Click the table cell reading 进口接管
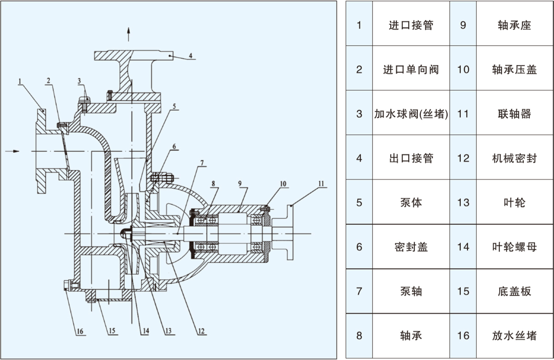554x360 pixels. pos(411,25)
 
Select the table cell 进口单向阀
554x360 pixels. pos(411,70)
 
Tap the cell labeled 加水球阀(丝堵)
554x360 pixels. pos(411,114)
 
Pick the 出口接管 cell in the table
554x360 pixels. pos(411,158)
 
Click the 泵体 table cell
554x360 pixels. pos(411,203)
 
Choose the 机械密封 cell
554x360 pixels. pos(514,158)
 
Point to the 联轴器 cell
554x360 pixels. pos(514,114)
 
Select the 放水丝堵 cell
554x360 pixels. pos(514,336)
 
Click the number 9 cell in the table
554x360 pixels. pos(463,25)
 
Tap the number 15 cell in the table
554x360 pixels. pos(463,291)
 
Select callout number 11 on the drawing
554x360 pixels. pos(321,183)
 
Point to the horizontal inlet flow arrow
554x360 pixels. pos(14,151)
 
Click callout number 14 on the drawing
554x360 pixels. pos(145,330)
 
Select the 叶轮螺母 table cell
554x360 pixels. pos(514,247)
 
